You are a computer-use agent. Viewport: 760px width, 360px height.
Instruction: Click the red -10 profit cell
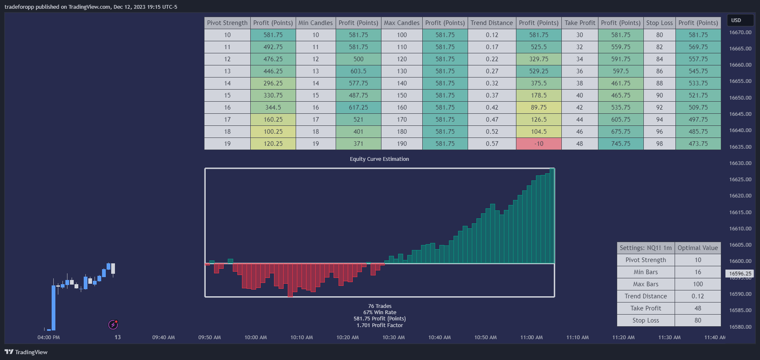[x=538, y=144]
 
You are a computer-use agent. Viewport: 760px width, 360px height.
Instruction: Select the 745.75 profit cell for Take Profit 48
[x=620, y=144]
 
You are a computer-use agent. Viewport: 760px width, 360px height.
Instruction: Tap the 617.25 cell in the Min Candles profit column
[x=358, y=107]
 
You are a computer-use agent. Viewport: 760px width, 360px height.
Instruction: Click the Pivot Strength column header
[x=227, y=23]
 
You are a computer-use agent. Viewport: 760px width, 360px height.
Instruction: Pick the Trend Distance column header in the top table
[x=491, y=23]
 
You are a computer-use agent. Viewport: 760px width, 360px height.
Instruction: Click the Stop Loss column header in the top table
[x=659, y=23]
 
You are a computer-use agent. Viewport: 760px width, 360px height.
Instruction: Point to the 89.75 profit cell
[x=538, y=107]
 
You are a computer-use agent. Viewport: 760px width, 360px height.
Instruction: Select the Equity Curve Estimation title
[x=379, y=159]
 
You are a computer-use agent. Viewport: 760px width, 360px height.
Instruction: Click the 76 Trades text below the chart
[x=379, y=306]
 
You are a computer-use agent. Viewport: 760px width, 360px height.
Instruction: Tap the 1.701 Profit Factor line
[x=379, y=325]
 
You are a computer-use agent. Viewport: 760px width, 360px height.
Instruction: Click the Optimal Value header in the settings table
[x=698, y=248]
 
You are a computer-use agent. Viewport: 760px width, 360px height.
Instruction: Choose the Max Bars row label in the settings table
[x=645, y=284]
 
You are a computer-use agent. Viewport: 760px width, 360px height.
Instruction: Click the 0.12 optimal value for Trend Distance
[x=698, y=296]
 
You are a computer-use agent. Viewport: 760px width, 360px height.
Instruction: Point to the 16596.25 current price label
[x=740, y=274]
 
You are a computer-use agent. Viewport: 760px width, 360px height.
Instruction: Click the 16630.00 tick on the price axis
[x=740, y=163]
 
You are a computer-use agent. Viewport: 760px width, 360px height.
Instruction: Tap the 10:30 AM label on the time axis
[x=393, y=337]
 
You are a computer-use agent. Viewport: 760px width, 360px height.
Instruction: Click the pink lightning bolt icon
[x=113, y=325]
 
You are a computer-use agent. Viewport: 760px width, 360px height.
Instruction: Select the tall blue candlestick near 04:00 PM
[x=53, y=307]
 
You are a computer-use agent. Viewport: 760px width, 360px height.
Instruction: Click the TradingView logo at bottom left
[x=26, y=352]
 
